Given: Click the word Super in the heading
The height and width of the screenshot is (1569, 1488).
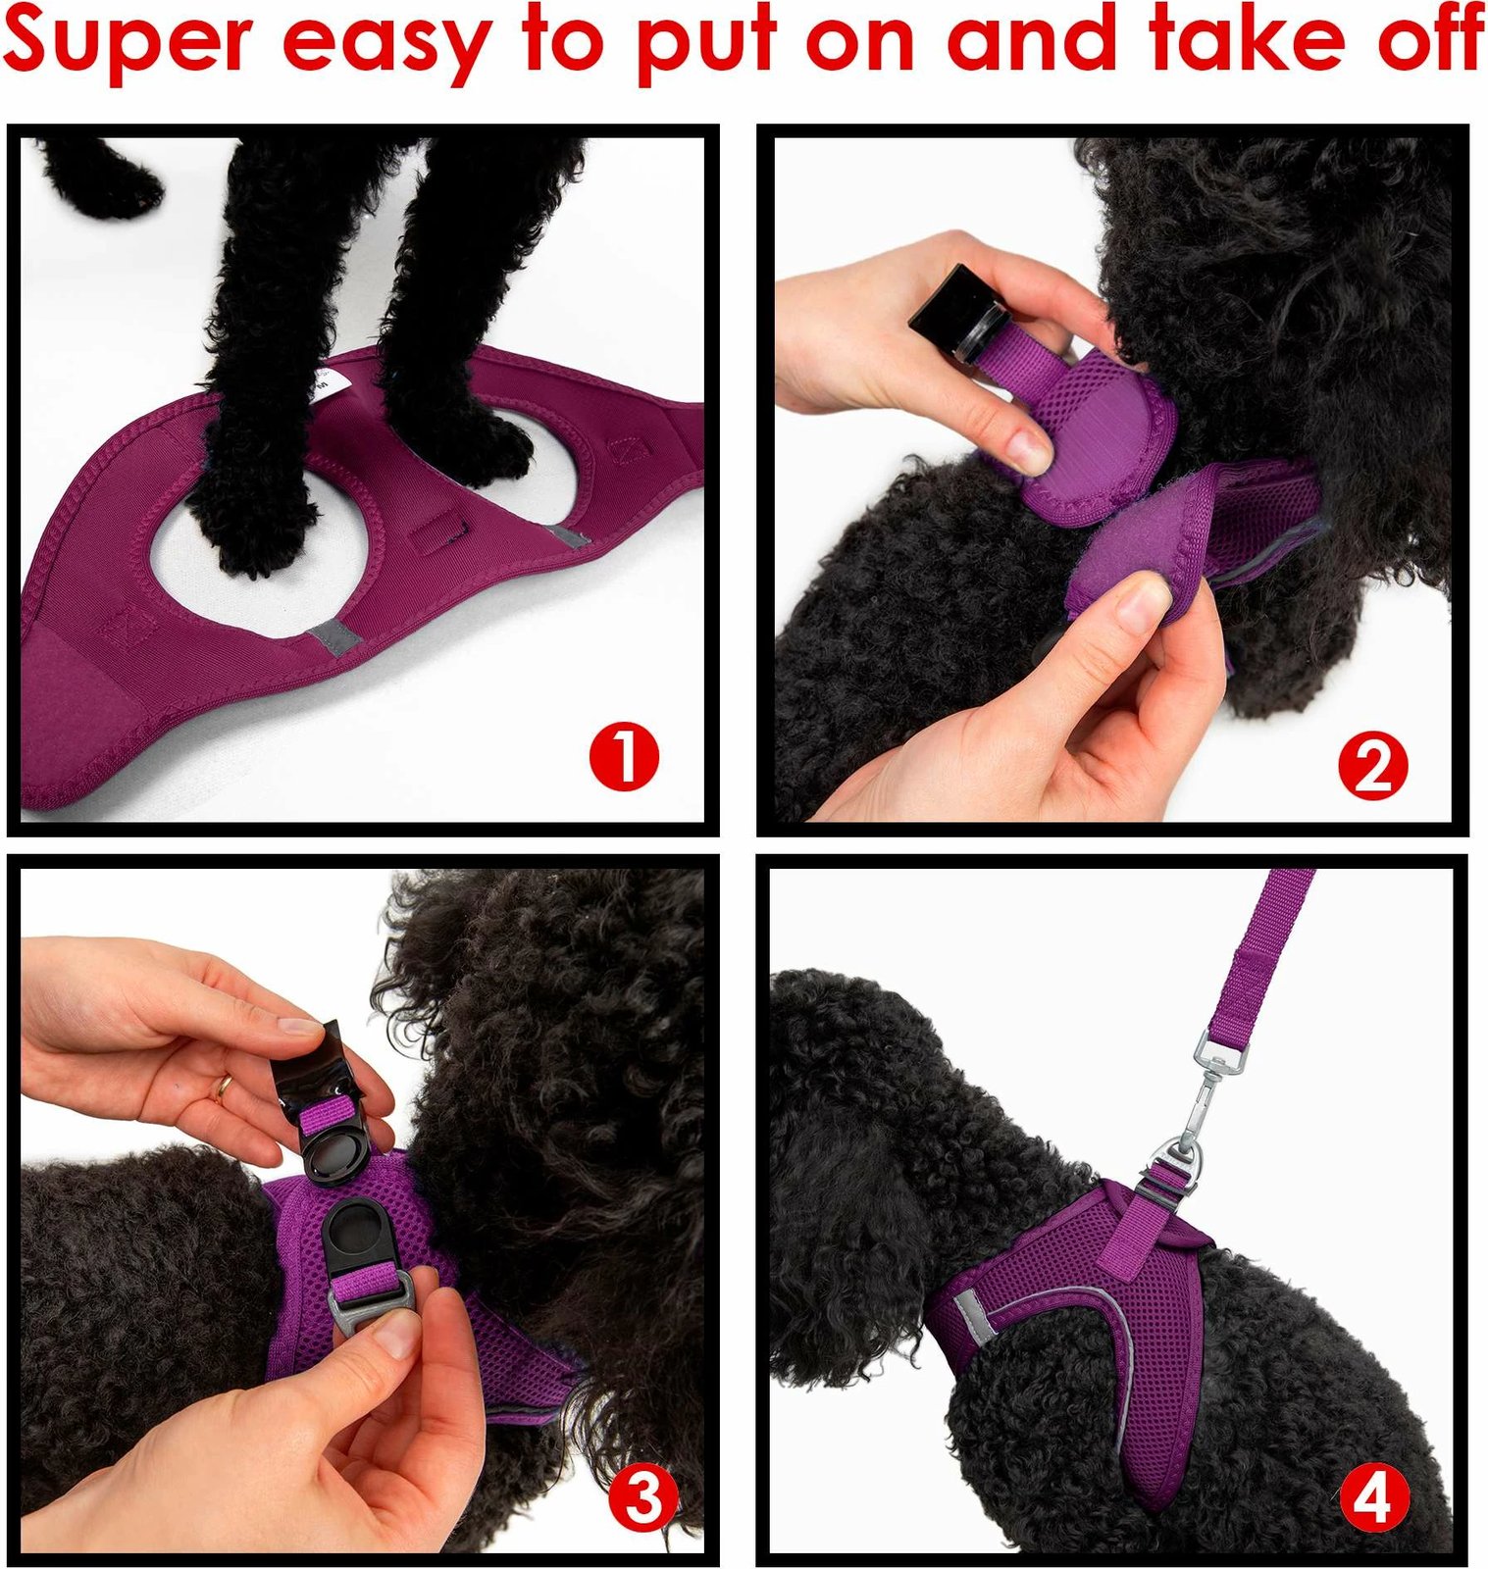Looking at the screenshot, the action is [x=128, y=39].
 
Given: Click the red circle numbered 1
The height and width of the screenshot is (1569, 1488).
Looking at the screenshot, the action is [x=624, y=756].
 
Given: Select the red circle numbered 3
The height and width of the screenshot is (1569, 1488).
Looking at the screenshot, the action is [x=643, y=1499].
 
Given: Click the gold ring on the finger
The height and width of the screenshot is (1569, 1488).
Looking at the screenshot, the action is [x=224, y=1087].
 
